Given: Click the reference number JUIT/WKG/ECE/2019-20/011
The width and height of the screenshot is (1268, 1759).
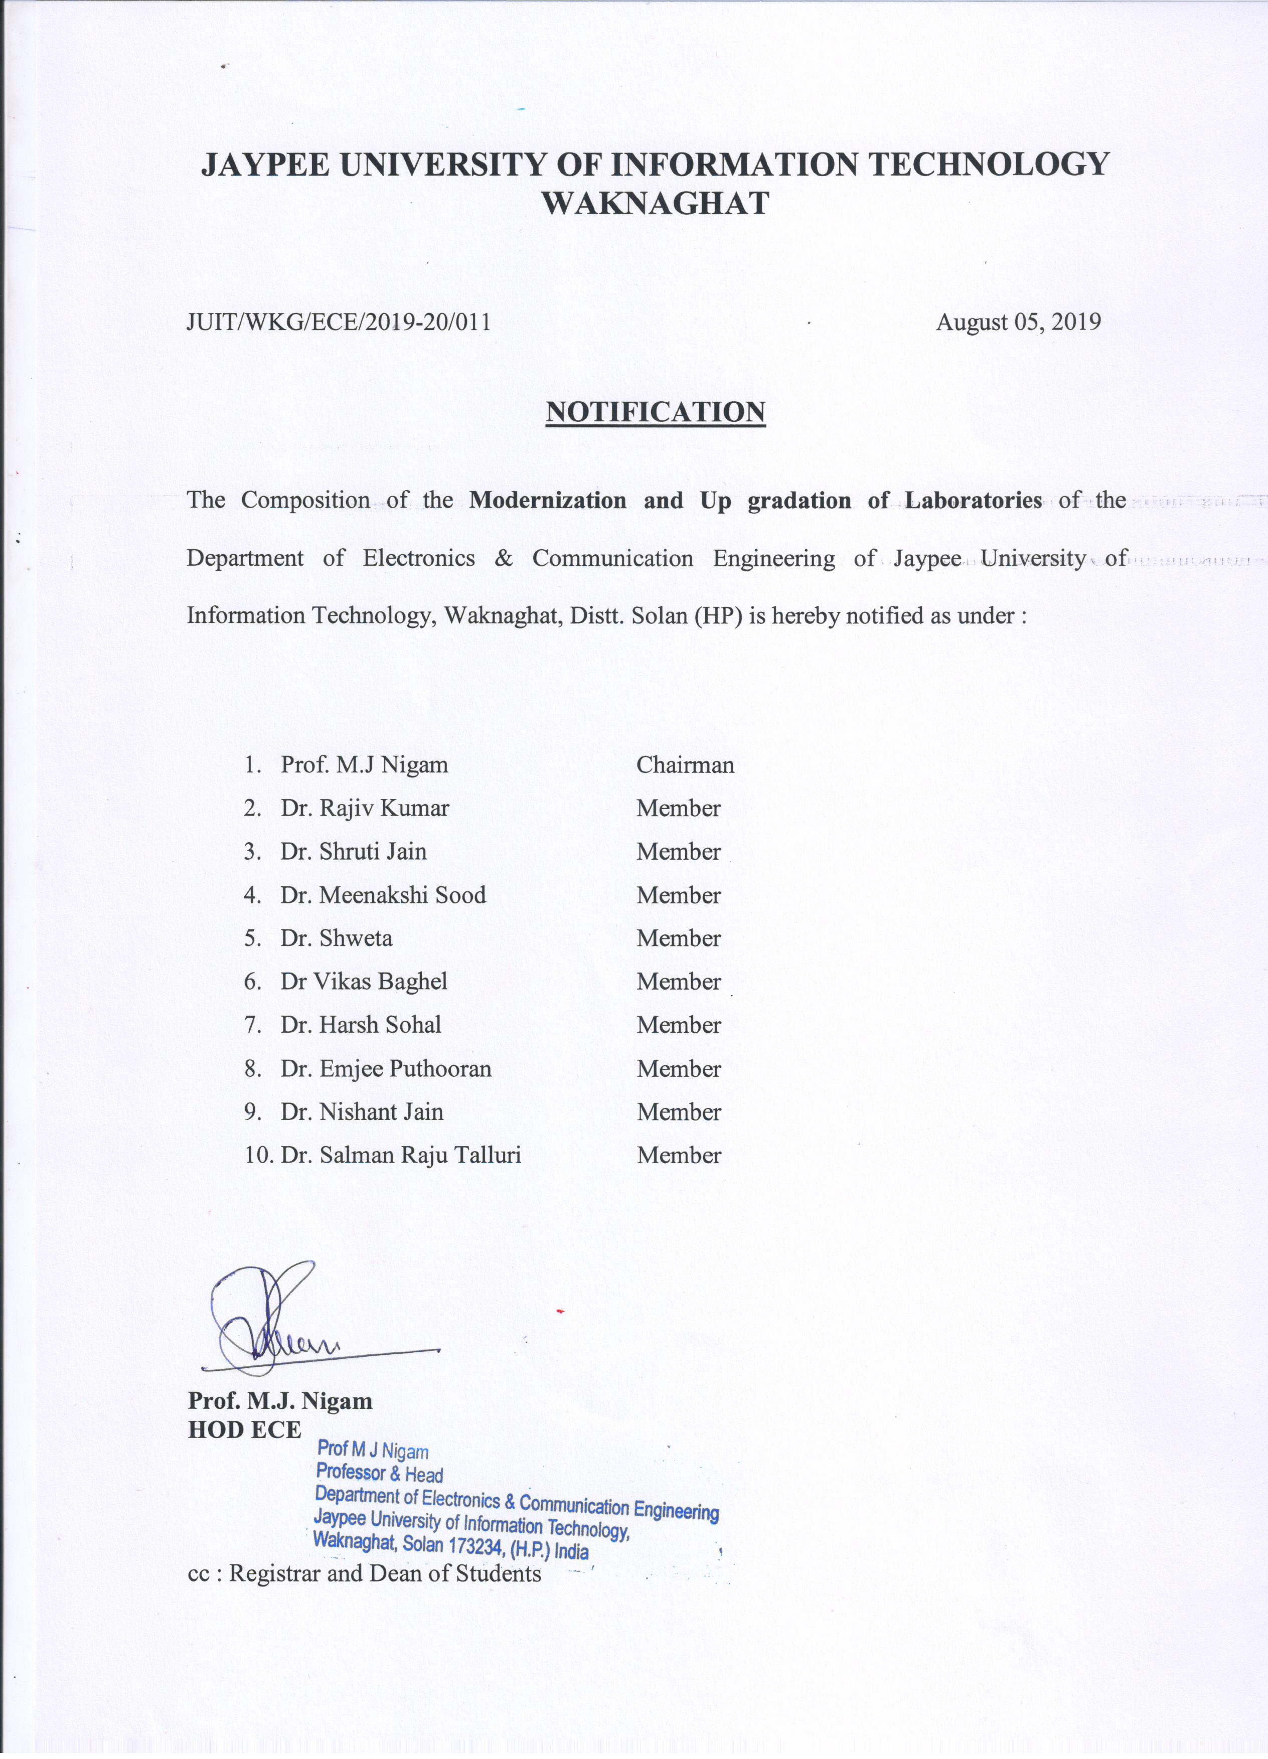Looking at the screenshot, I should (x=339, y=322).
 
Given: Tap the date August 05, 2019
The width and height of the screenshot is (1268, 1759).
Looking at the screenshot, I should (x=1018, y=322).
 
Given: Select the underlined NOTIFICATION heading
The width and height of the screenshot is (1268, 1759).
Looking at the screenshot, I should (x=656, y=412).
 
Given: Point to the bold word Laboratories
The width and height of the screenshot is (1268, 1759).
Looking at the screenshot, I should (x=973, y=500).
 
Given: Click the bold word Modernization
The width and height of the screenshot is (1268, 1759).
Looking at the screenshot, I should (x=548, y=500).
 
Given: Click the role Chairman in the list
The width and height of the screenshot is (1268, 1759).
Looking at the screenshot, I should (x=685, y=765).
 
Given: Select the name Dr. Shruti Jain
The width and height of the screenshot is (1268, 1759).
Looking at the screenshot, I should (x=354, y=852).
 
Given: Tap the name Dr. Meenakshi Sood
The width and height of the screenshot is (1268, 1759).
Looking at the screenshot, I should (x=383, y=895).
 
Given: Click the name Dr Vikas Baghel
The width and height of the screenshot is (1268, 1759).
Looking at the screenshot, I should (x=364, y=982).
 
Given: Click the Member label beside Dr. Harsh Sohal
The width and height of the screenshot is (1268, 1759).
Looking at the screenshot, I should (x=679, y=1025).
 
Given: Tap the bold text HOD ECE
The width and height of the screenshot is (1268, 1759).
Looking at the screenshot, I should (x=244, y=1429).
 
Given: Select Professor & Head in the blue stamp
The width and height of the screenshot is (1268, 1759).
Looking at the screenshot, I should (x=379, y=1474).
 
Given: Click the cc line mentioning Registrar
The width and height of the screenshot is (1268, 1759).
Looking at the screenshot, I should (x=365, y=1573).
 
